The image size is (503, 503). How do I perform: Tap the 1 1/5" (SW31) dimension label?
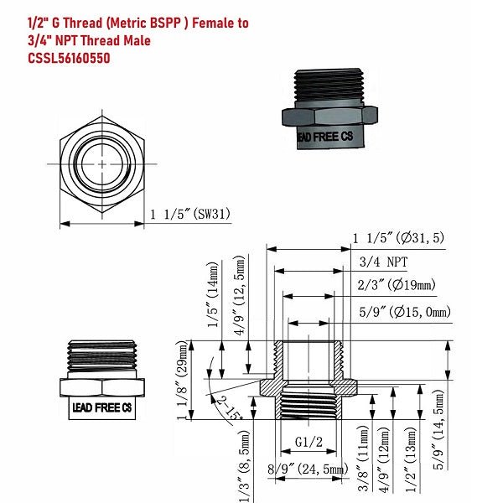190,215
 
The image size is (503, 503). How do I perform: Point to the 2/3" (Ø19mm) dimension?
397,285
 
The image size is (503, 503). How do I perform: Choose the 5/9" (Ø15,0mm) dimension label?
404,312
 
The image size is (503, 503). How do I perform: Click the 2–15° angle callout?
228,410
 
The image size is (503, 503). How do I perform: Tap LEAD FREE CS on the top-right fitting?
327,136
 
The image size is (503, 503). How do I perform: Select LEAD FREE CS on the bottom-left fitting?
101,407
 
